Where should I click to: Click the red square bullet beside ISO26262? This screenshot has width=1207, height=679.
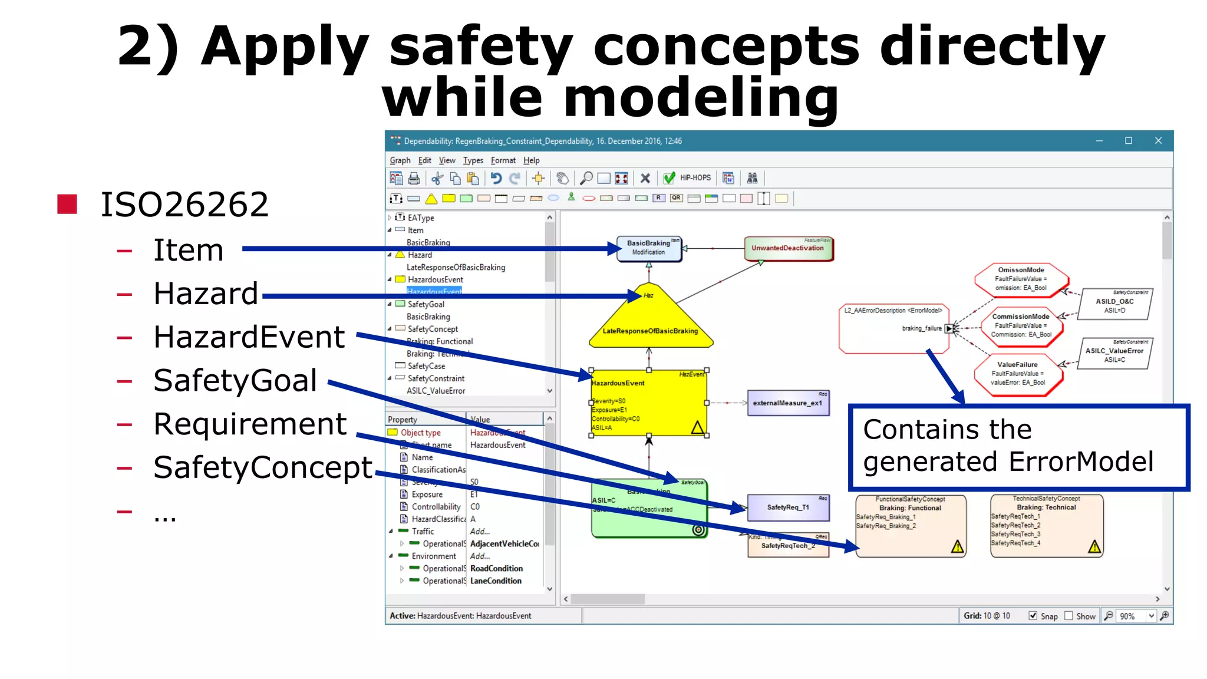click(67, 204)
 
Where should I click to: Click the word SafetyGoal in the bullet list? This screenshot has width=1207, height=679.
click(235, 380)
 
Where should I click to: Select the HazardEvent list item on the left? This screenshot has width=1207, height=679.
click(249, 337)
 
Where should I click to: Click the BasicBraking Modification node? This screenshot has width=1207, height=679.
click(648, 248)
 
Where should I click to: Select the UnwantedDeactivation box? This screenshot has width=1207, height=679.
click(788, 248)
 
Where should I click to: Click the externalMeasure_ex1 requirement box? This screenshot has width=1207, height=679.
click(787, 403)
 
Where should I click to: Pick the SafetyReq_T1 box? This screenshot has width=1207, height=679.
click(788, 507)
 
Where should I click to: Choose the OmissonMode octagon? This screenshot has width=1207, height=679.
click(1021, 279)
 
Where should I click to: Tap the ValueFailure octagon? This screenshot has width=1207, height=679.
click(1018, 374)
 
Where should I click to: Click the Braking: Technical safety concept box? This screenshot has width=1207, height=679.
click(1046, 526)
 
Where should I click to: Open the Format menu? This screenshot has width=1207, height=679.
click(503, 160)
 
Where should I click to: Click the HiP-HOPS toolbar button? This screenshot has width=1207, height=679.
click(695, 178)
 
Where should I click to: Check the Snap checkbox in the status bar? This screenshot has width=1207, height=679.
click(1033, 615)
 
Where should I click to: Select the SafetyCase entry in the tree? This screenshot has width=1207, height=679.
click(426, 366)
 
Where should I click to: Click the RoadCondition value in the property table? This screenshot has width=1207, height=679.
click(496, 568)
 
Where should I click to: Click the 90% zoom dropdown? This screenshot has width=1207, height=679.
click(1136, 616)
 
